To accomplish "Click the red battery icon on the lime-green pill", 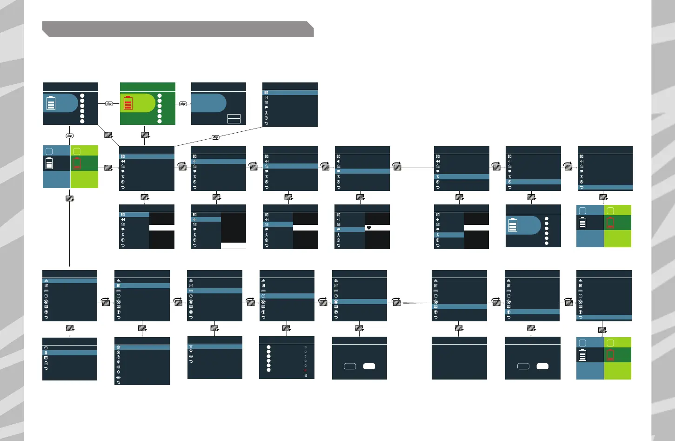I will pos(127,103).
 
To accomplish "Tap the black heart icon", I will pos(369,228).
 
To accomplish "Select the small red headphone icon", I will pos(305,370).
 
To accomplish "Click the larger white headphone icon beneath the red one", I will pos(305,375).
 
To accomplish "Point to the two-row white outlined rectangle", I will pos(234,118).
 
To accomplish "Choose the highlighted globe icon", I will pos(118,347).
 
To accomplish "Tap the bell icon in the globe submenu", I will pos(118,372).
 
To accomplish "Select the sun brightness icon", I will pos(118,362).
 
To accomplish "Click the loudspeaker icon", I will pos(118,367).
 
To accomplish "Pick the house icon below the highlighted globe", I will pos(118,353).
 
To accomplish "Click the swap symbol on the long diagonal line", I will pos(215,137).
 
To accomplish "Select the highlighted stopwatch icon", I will pos(263,296).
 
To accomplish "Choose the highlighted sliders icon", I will pos(118,286).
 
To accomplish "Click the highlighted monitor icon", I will pos(435,307).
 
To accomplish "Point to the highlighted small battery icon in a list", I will pos(46,353).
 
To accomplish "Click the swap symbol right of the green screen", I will pos(183,104).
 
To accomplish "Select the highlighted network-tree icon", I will pos(46,281).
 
